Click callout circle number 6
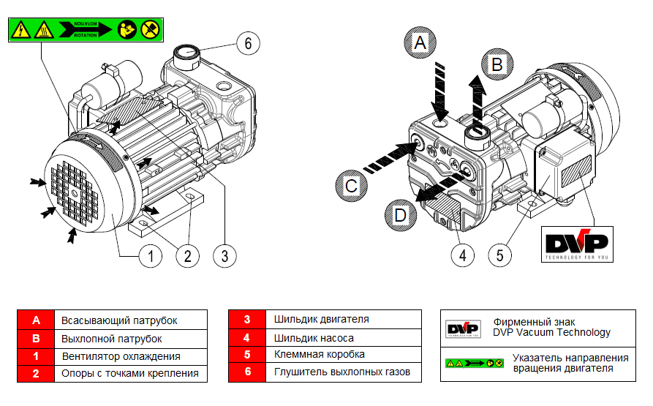click(248, 44)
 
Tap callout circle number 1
click(150, 255)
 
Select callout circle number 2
click(187, 255)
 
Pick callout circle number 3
click(224, 255)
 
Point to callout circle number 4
click(463, 255)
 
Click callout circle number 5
click(500, 255)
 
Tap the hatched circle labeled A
click(419, 43)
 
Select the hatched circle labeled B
click(497, 64)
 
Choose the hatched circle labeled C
click(352, 186)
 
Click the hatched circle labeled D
click(400, 215)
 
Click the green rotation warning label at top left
click(83, 29)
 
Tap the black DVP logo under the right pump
click(577, 244)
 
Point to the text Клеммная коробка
click(319, 355)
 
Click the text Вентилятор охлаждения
click(121, 356)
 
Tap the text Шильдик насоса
click(314, 337)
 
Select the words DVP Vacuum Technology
click(551, 332)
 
